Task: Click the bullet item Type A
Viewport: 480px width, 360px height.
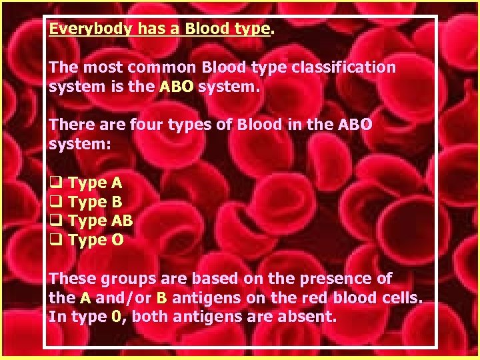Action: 96,183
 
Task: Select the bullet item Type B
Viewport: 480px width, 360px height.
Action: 96,202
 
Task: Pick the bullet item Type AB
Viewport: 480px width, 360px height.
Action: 101,221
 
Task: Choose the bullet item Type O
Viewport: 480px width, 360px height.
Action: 96,240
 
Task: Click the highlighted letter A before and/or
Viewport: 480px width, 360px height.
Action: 85,298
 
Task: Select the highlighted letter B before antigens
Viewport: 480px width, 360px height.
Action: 161,298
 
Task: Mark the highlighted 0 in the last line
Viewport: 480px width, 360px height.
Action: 117,317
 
